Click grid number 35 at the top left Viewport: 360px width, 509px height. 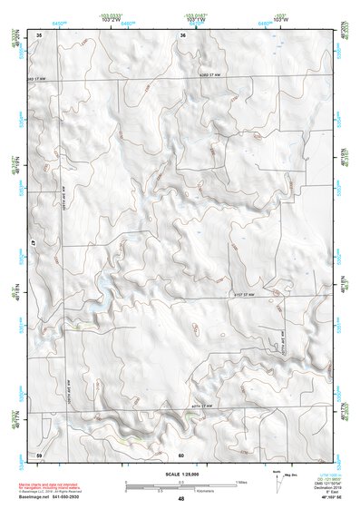click(x=39, y=34)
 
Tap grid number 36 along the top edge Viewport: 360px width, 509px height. click(x=182, y=34)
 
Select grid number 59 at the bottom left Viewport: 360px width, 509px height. click(x=39, y=454)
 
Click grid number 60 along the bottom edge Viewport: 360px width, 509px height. click(x=181, y=454)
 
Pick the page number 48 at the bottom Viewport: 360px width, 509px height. click(x=181, y=498)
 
